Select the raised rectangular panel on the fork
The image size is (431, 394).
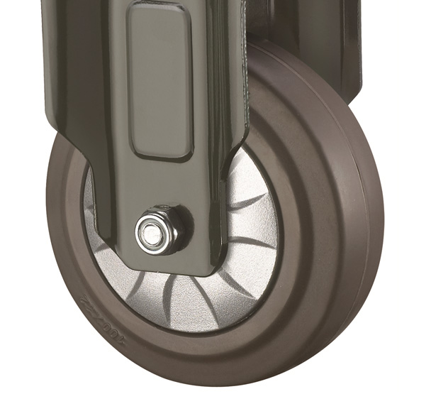tap(159, 79)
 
